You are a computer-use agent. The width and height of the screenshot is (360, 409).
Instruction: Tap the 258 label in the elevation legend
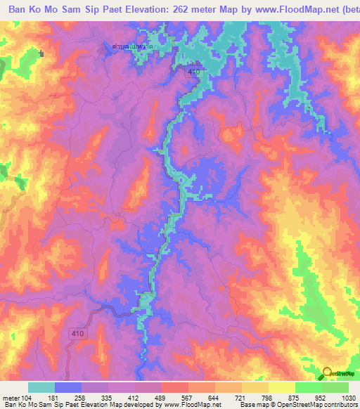click(92, 398)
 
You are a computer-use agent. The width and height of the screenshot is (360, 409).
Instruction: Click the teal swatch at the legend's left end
click(41, 387)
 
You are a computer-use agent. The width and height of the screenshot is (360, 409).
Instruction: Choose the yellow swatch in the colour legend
click(281, 387)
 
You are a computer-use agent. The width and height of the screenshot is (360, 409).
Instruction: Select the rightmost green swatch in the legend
click(335, 387)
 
